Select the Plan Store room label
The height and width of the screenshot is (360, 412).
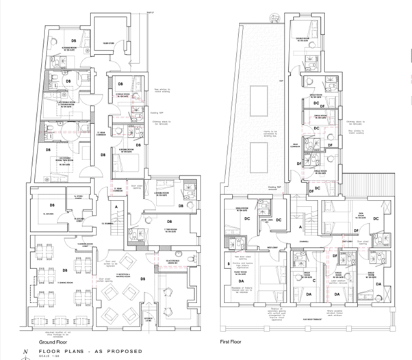point(107,42)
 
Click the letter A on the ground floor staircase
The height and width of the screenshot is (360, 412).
point(117,206)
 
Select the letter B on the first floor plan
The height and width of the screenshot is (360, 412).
point(227,262)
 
